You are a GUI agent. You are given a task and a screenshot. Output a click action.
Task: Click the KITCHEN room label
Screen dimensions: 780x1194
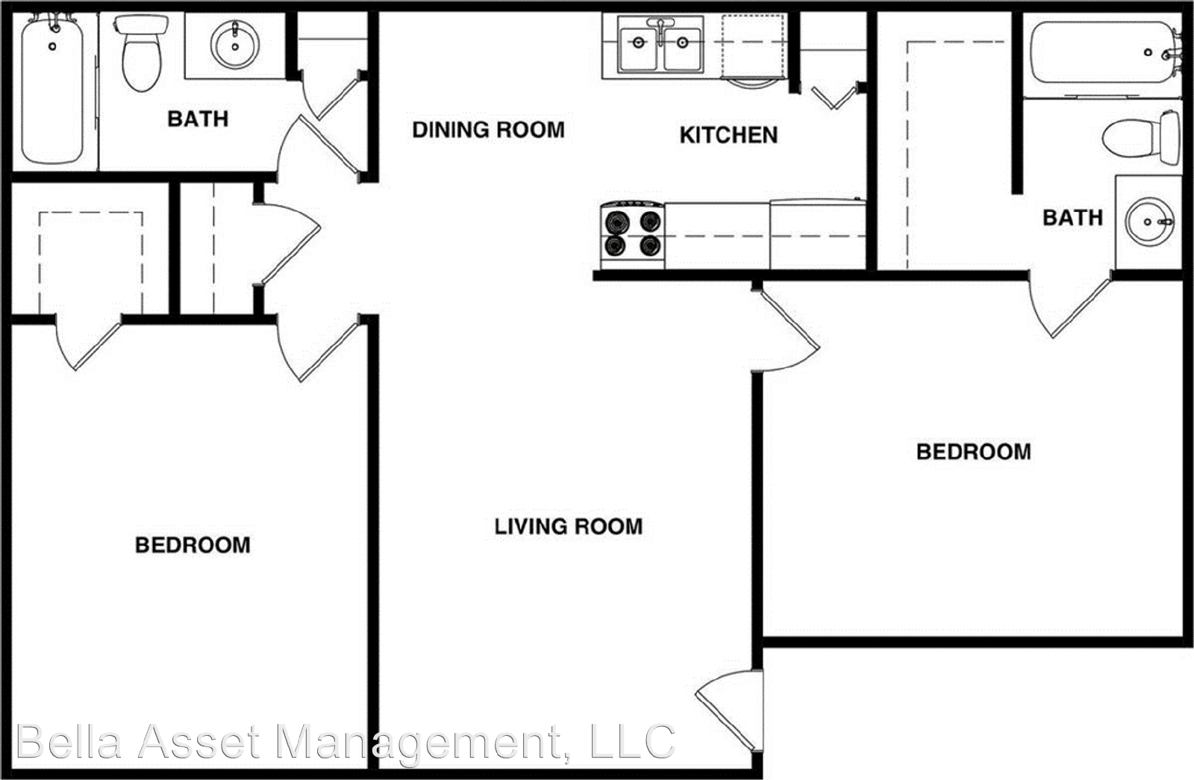click(728, 135)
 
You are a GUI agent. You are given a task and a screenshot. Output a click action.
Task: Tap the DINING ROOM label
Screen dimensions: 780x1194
click(488, 130)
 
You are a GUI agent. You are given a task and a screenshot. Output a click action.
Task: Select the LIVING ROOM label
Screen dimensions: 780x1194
click(568, 526)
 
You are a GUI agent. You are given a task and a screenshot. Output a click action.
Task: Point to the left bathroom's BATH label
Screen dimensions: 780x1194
click(198, 119)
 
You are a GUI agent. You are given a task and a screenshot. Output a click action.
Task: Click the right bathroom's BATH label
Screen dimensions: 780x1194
click(1072, 217)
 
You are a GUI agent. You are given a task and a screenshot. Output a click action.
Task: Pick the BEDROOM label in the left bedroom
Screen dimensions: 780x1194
click(193, 545)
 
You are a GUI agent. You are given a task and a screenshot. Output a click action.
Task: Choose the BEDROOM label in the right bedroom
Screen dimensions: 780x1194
click(973, 452)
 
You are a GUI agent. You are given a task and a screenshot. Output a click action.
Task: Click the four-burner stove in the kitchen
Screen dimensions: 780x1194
click(632, 234)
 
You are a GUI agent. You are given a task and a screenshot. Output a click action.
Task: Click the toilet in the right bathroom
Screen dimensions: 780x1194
click(1143, 137)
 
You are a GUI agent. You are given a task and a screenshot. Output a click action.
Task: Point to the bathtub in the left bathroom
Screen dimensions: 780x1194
click(52, 90)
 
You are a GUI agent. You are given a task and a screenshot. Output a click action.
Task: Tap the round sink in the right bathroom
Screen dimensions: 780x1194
click(1149, 222)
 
